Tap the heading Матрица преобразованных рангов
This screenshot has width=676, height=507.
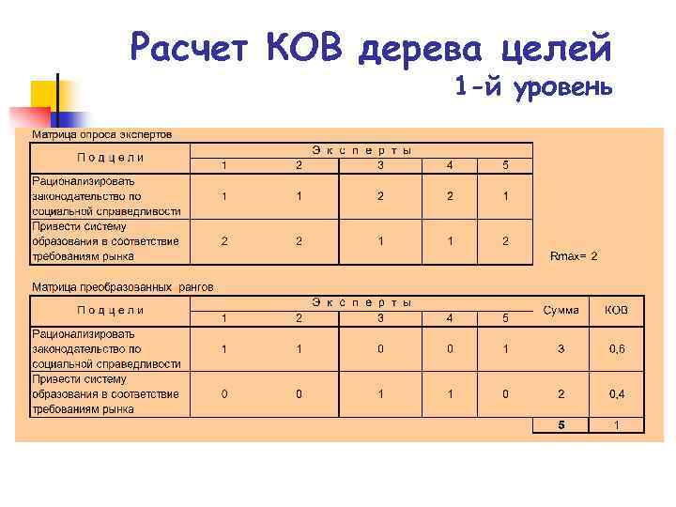pos(123,286)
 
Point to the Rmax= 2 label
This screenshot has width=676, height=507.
pos(574,255)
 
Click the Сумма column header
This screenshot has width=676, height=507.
pos(561,311)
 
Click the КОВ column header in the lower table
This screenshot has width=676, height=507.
pos(617,311)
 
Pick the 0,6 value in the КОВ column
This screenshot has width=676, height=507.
pos(617,349)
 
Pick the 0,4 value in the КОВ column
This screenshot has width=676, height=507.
pos(617,394)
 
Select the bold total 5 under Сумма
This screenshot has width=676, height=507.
pos(561,425)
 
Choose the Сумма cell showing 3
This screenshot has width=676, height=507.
pos(561,349)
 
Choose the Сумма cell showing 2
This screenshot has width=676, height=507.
pos(561,394)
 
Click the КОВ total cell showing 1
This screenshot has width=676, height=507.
pos(617,425)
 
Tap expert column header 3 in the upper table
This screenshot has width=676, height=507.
pos(380,166)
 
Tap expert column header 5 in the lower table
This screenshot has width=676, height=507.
pos(505,318)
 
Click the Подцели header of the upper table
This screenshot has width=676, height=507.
pos(111,158)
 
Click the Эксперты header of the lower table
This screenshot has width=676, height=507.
pos(362,302)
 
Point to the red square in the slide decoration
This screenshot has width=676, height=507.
pos(28,116)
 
